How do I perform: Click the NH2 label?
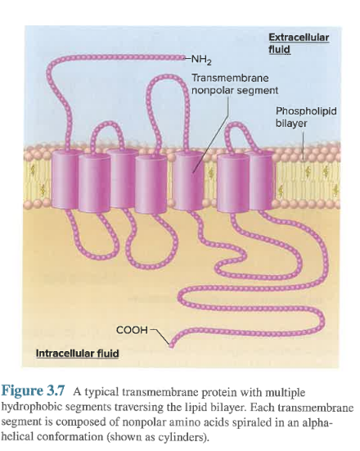(201, 60)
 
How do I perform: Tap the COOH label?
(132, 330)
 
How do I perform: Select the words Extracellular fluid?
(299, 43)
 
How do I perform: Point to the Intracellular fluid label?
(78, 354)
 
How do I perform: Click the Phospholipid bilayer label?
(306, 117)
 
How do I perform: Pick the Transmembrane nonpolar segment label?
(235, 84)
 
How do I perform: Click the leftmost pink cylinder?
(65, 179)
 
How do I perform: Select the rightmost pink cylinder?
(261, 181)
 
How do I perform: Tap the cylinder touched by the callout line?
(188, 181)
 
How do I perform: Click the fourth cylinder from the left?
(151, 184)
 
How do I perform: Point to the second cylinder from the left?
(95, 183)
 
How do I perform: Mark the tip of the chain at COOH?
(171, 345)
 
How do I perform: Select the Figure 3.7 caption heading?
(34, 391)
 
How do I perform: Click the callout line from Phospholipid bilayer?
(304, 144)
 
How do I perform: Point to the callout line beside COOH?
(160, 336)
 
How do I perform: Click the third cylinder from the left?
(123, 178)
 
